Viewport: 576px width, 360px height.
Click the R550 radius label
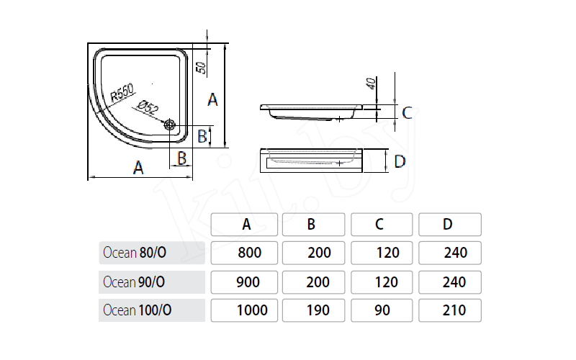(122, 91)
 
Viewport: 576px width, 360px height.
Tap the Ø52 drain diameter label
(146, 106)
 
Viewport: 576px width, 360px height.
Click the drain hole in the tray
(171, 125)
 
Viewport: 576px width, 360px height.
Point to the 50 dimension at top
(202, 68)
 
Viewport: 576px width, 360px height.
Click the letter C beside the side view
(407, 112)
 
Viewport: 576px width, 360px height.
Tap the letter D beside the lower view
(400, 161)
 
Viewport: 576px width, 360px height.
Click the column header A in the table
(246, 224)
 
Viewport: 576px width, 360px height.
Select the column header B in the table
(311, 224)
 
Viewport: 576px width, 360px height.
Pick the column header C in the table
(379, 224)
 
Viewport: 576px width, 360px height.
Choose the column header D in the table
(448, 224)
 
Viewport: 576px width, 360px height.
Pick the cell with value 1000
(251, 310)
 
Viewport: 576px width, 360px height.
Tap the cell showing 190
(315, 310)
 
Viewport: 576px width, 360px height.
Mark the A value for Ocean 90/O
(248, 282)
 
